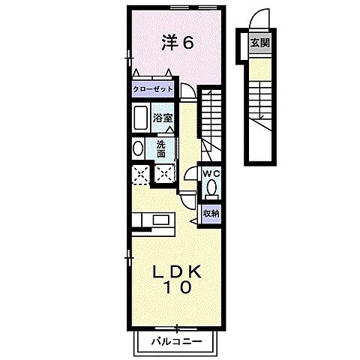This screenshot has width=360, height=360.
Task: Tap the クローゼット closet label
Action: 153,89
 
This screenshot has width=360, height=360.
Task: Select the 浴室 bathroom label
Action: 163,118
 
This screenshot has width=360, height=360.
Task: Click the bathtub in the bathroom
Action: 140,118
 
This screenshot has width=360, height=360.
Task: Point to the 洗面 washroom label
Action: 162,148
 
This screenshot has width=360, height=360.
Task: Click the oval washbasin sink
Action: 136,148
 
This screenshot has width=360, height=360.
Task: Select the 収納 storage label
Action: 211,213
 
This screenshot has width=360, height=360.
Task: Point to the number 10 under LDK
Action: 177,286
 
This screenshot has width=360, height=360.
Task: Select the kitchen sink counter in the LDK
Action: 154,220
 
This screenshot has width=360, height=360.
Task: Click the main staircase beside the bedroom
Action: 213,112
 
